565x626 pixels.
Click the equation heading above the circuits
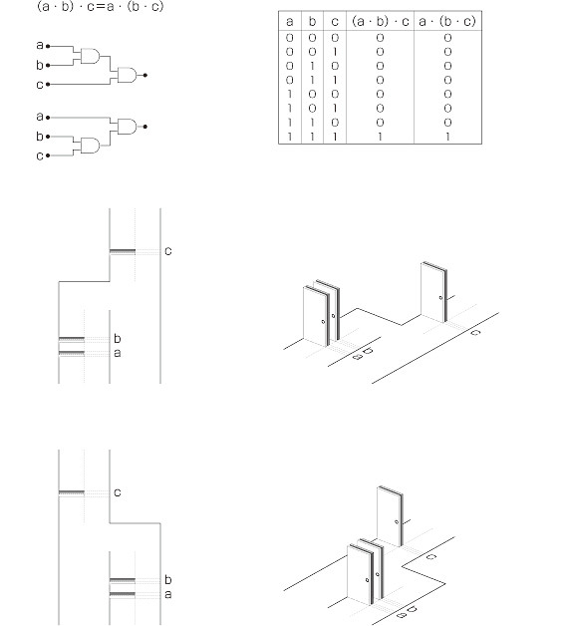[101, 7]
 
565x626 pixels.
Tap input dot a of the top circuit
[48, 46]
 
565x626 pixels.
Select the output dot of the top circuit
[145, 75]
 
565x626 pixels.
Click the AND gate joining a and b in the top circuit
[91, 56]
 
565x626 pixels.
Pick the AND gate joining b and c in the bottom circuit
[91, 146]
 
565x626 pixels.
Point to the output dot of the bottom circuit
[145, 127]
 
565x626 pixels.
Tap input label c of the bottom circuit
[39, 156]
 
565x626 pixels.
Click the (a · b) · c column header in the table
[381, 21]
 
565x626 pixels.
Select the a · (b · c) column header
[447, 21]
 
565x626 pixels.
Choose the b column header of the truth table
[312, 21]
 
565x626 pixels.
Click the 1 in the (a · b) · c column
[380, 137]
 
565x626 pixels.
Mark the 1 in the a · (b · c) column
[447, 137]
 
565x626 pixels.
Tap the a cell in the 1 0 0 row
[290, 95]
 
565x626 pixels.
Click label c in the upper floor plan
[168, 251]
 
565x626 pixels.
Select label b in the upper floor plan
[117, 338]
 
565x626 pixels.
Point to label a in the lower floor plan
[168, 594]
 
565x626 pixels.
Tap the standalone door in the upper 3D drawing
[433, 292]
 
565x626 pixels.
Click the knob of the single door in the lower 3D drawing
[397, 521]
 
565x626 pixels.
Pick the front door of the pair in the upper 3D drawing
[317, 316]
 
